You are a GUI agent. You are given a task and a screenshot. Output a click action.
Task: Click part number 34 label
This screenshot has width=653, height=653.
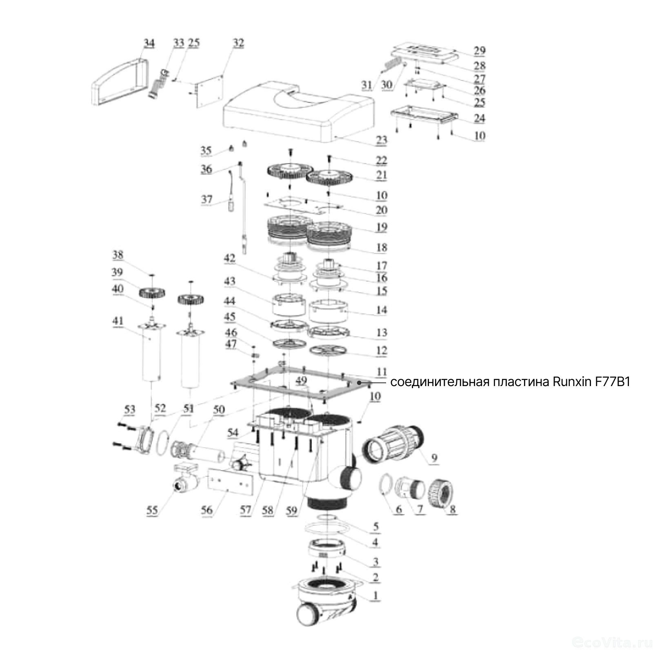coord(149,43)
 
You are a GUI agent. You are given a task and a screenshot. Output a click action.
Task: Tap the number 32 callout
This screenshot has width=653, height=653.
coord(238,43)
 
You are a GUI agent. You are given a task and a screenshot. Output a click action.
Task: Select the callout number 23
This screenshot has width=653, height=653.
coord(381,140)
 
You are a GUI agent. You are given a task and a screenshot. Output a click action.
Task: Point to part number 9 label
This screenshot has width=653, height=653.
coord(433,458)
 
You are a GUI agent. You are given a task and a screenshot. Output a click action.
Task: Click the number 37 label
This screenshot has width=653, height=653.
coord(207,199)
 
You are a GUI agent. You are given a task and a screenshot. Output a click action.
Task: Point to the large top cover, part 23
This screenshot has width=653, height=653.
coord(298,110)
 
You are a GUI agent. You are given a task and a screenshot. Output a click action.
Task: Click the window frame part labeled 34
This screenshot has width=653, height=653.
coord(118,80)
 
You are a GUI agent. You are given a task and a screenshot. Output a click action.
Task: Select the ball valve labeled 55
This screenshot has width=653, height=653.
coord(184,482)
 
